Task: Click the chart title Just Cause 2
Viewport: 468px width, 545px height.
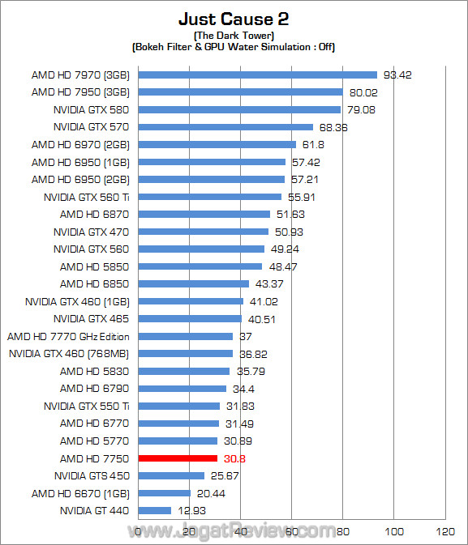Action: [x=234, y=19]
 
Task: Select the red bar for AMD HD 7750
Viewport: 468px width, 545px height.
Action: [x=178, y=458]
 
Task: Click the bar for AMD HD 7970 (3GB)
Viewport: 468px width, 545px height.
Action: [x=258, y=75]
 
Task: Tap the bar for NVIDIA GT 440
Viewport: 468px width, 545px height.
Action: [x=155, y=510]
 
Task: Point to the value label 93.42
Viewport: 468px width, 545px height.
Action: [x=398, y=75]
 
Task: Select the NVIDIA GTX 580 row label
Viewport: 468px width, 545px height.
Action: [x=91, y=109]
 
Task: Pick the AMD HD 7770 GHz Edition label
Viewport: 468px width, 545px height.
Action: [x=68, y=336]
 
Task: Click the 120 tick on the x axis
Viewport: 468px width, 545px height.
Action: [x=444, y=532]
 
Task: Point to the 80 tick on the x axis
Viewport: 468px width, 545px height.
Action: [x=343, y=532]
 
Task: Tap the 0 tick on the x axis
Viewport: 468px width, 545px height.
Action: [x=140, y=532]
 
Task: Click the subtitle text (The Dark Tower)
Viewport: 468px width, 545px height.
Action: [x=234, y=36]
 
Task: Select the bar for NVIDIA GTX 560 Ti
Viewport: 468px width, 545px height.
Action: [x=210, y=197]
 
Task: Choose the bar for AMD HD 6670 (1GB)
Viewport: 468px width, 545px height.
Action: [x=165, y=493]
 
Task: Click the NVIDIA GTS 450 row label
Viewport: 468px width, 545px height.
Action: [x=91, y=475]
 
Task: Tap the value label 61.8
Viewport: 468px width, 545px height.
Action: [x=312, y=145]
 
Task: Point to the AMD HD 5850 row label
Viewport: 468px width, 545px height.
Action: [x=94, y=266]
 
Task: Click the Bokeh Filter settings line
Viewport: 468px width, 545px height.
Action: [x=234, y=47]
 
